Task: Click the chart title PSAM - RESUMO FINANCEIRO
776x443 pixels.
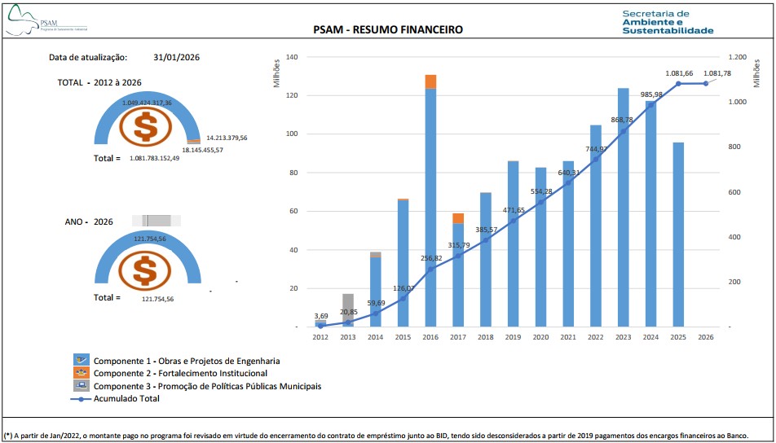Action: pyautogui.click(x=388, y=30)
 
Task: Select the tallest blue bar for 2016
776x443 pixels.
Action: pyautogui.click(x=430, y=204)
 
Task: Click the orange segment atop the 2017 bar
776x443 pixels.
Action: pyautogui.click(x=458, y=218)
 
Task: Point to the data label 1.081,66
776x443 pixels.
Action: pyautogui.click(x=679, y=73)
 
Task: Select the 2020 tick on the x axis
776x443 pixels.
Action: pyautogui.click(x=540, y=336)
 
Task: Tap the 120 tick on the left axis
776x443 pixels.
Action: pyautogui.click(x=292, y=95)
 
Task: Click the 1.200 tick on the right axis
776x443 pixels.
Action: pyautogui.click(x=737, y=58)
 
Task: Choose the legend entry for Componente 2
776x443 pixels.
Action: pyautogui.click(x=179, y=373)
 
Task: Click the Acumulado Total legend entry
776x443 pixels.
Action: pyautogui.click(x=126, y=398)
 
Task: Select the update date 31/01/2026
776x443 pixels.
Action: pyautogui.click(x=176, y=58)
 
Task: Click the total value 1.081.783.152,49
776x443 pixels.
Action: pyautogui.click(x=165, y=159)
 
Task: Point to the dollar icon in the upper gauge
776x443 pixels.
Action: pyautogui.click(x=147, y=126)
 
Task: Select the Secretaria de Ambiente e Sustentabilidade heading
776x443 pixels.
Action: pyautogui.click(x=667, y=22)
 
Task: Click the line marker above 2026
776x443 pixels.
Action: pyautogui.click(x=706, y=84)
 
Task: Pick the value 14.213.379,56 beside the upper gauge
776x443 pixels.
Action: pyautogui.click(x=226, y=138)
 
